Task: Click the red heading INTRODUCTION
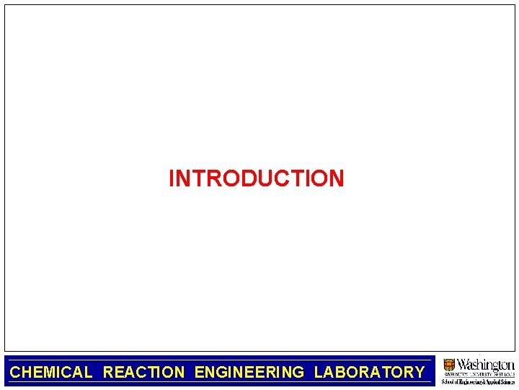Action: point(256,178)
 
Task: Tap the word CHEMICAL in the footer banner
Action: point(51,373)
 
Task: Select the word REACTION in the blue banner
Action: point(143,373)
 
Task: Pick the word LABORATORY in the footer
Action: point(369,373)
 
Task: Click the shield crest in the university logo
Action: point(450,365)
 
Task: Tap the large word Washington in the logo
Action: point(486,364)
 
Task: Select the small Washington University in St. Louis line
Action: point(479,375)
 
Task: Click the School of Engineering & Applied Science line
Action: point(478,382)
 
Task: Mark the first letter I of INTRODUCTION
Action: point(172,178)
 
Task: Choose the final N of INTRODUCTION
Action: point(337,178)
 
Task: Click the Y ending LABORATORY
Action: point(419,373)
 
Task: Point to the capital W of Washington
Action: point(465,364)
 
